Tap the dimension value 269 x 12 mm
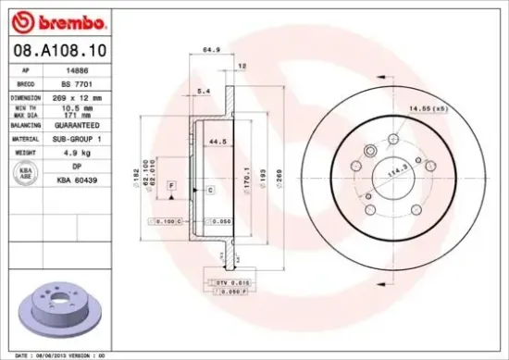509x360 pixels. tap(88, 96)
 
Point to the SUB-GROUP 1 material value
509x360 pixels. tap(88, 137)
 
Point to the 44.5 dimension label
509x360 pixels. tap(218, 142)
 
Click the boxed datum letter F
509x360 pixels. tap(172, 186)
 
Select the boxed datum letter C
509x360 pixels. tap(210, 190)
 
